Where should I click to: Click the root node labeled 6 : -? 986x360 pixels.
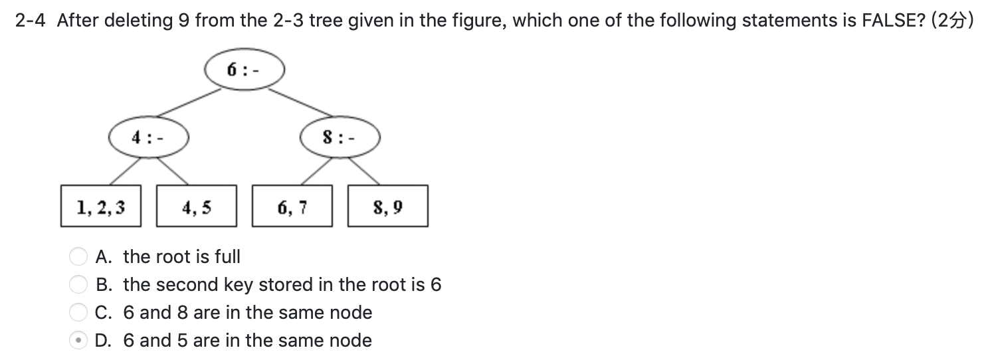coord(245,69)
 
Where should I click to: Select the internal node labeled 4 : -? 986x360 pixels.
coord(149,138)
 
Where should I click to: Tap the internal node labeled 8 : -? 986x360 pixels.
coord(340,138)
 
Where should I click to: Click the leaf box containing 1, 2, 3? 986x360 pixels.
coord(100,207)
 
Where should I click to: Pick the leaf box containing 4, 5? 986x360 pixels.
coord(196,207)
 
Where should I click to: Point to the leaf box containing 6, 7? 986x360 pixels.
coord(292,207)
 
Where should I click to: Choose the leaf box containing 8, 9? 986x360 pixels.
coord(388,207)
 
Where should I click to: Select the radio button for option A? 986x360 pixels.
coord(79,256)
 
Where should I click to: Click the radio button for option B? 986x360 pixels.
coord(79,284)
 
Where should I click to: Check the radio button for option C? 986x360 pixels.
coord(79,312)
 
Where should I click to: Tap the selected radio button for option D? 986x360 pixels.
coord(79,340)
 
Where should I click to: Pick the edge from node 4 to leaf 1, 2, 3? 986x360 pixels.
coord(124,171)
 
